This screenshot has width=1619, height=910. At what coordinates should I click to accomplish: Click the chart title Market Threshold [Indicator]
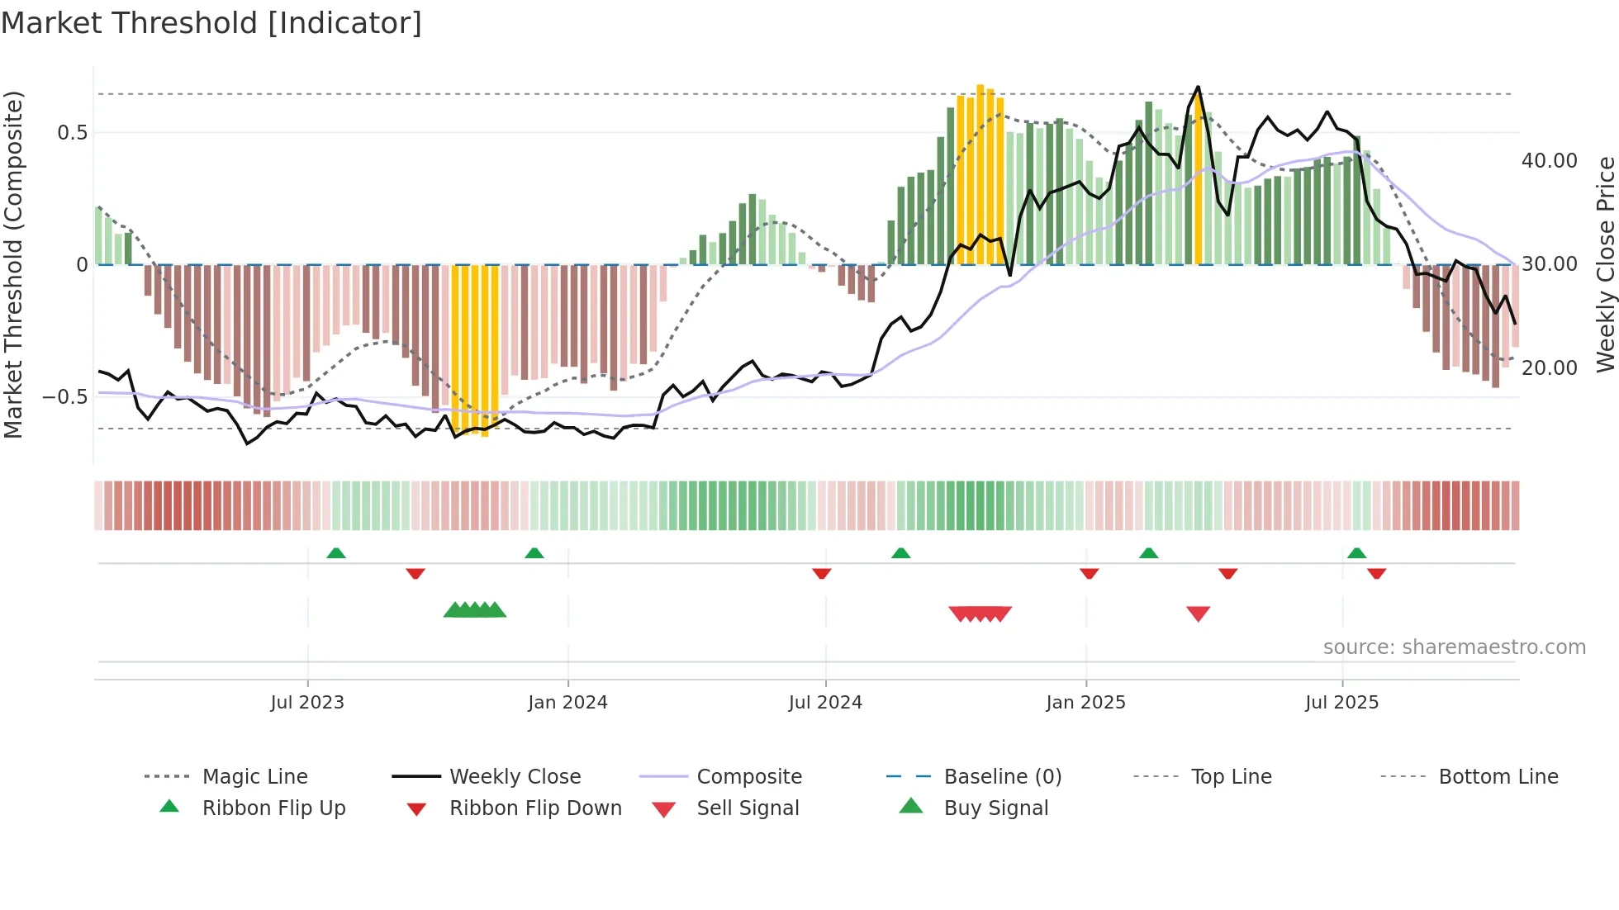point(211,23)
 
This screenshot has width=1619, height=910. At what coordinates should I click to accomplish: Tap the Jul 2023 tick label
point(307,703)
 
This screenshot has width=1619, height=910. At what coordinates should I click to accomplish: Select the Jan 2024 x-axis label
point(567,703)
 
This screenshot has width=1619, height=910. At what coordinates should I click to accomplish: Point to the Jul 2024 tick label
point(825,703)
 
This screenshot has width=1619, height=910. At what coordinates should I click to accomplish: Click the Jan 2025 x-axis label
point(1085,703)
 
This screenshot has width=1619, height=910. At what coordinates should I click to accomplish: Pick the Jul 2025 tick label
point(1342,703)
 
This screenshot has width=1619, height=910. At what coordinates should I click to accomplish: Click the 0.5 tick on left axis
point(72,133)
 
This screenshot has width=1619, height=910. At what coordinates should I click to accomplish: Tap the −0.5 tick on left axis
point(65,397)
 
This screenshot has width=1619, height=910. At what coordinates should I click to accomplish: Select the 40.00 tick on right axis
point(1549,161)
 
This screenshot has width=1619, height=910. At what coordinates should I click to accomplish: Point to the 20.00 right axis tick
point(1549,368)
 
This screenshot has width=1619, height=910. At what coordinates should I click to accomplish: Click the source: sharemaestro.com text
point(1454,647)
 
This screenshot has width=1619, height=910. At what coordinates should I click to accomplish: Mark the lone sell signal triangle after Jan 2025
point(1198,614)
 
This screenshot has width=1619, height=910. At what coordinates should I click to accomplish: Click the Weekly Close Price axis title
point(1605,264)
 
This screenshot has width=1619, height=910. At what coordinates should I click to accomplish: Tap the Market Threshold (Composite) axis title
point(13,264)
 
